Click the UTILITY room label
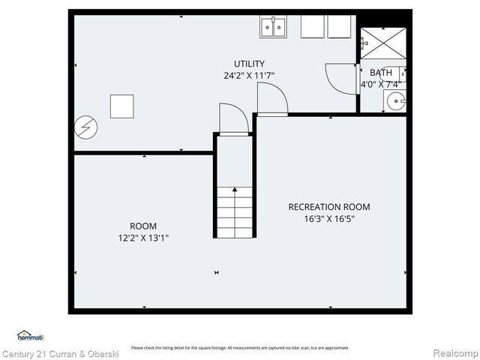[x=249, y=64]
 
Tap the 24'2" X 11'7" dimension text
[x=249, y=76]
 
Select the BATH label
[x=380, y=73]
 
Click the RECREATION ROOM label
[x=329, y=207]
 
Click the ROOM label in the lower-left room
[x=143, y=226]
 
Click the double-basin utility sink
[x=274, y=27]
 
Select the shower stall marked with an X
[x=384, y=42]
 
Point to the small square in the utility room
[x=121, y=106]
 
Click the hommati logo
[x=31, y=337]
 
